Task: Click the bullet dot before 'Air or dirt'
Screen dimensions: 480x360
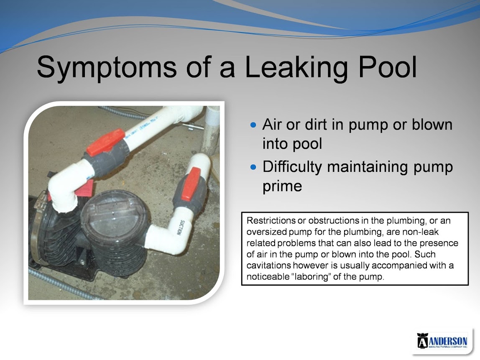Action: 253,125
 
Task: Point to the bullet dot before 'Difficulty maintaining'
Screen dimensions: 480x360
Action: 253,167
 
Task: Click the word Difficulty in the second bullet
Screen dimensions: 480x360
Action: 292,167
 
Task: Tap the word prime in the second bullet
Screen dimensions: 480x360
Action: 282,186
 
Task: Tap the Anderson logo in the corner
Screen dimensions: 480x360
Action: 442,341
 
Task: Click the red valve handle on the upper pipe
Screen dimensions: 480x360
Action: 105,142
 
